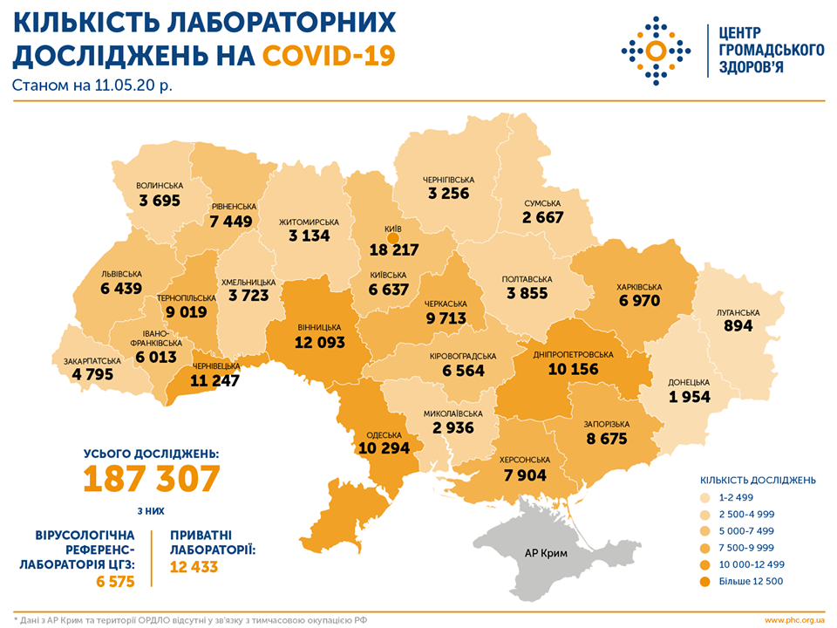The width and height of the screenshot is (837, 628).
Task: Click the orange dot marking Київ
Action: [x=393, y=236]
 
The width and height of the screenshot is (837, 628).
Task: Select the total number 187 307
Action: [x=152, y=479]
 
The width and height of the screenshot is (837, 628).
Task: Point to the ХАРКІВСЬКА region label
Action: [x=639, y=286]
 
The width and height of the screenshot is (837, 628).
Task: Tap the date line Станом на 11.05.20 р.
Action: [x=92, y=86]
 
